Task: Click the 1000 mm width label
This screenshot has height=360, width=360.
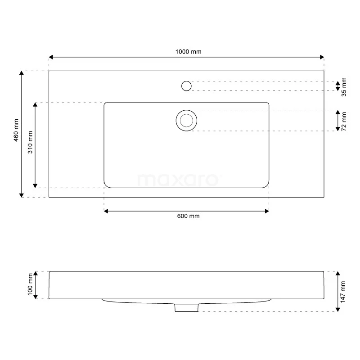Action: (x=188, y=51)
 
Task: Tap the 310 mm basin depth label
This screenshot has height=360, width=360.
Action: (x=30, y=142)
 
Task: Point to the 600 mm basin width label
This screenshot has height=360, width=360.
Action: (x=188, y=216)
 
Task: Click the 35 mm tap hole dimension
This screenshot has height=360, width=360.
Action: (x=344, y=87)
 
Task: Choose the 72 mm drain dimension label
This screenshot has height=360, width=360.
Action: (x=344, y=121)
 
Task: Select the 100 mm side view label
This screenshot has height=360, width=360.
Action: (x=30, y=284)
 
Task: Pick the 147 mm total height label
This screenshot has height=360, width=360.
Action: (x=344, y=292)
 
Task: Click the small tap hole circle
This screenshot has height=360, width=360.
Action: (x=186, y=85)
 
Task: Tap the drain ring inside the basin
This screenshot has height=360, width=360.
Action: (x=186, y=120)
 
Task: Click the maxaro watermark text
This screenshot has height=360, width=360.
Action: (x=178, y=180)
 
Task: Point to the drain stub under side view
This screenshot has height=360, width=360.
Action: (x=186, y=307)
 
